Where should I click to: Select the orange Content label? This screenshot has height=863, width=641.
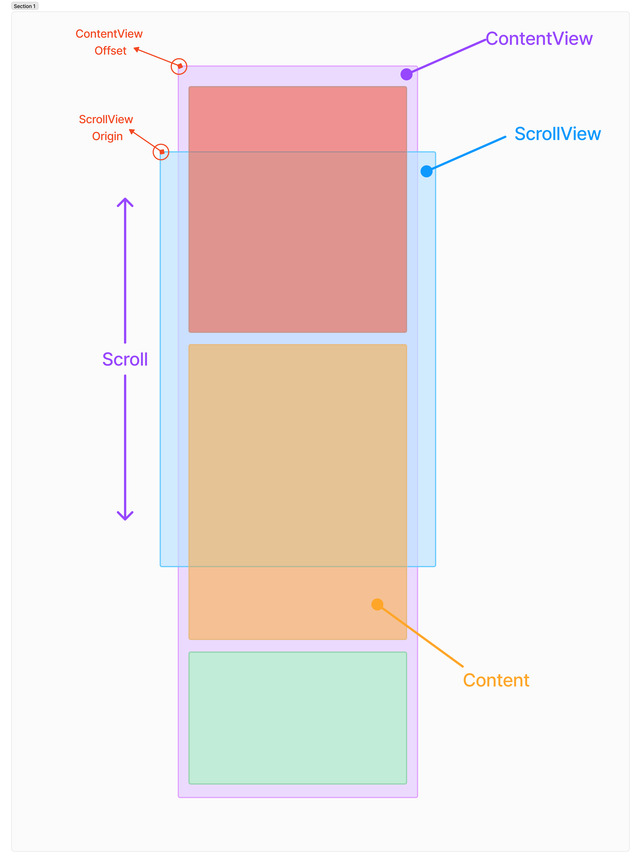pyautogui.click(x=496, y=680)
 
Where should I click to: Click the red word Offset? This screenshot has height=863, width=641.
pyautogui.click(x=111, y=51)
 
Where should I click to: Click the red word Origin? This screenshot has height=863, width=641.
pyautogui.click(x=107, y=136)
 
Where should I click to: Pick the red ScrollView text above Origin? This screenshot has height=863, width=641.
pyautogui.click(x=106, y=119)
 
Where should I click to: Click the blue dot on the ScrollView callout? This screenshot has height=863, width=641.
pyautogui.click(x=426, y=171)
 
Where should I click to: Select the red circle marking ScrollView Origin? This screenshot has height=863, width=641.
pyautogui.click(x=161, y=152)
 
